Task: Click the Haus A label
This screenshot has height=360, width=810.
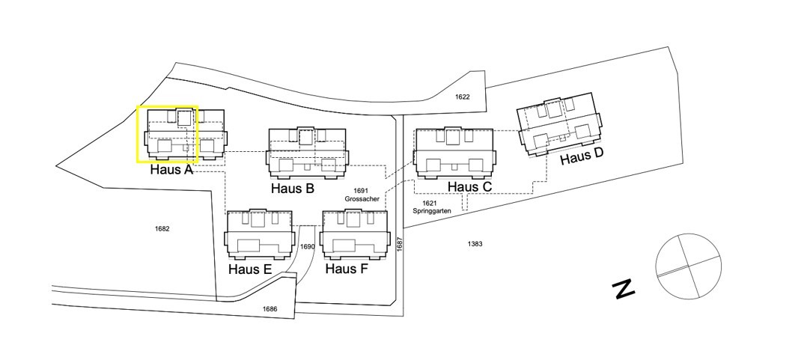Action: click(x=171, y=169)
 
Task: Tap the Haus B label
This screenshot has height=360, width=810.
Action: click(x=293, y=188)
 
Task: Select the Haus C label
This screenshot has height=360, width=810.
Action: click(x=469, y=186)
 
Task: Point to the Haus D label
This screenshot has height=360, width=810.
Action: click(x=582, y=156)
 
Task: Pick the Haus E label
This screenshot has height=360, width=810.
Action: click(x=250, y=269)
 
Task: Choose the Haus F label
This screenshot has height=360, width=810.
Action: click(x=347, y=269)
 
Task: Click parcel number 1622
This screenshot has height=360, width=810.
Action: click(x=463, y=97)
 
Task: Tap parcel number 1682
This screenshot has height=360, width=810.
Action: click(x=162, y=228)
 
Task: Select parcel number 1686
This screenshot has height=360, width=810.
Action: click(x=270, y=309)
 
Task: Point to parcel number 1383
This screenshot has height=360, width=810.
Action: click(x=475, y=244)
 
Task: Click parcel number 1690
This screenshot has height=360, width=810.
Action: click(x=308, y=246)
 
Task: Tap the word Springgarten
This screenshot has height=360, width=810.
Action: click(x=432, y=211)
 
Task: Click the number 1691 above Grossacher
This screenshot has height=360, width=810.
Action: click(x=362, y=191)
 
